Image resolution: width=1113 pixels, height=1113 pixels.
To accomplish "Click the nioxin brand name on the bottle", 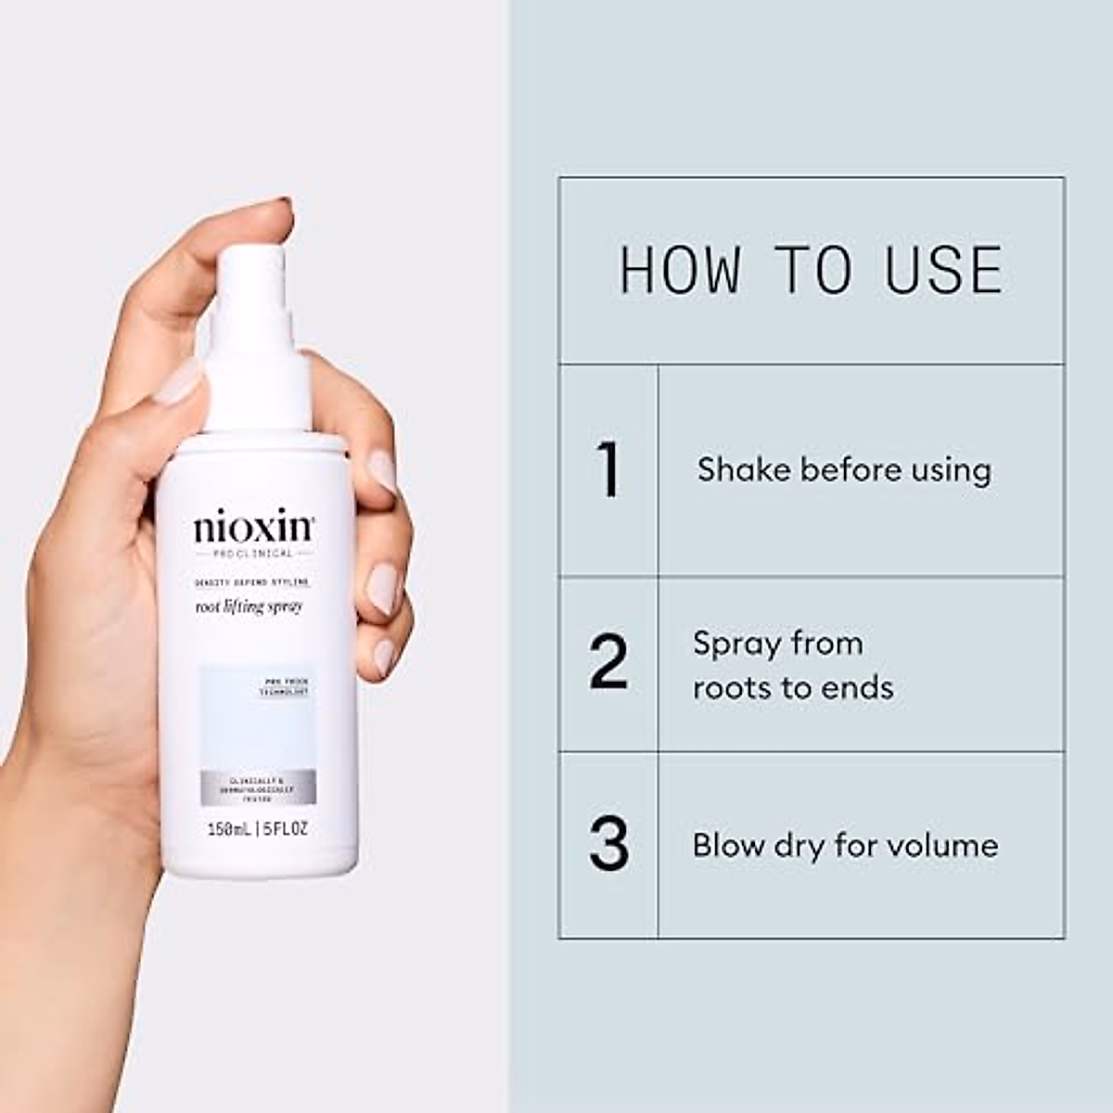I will [x=253, y=528].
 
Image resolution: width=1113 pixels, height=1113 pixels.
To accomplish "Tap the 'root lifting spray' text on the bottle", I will [x=249, y=607].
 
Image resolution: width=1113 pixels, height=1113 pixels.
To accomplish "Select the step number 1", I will [x=608, y=470].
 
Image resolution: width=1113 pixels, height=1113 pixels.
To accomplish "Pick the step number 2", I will [x=608, y=662].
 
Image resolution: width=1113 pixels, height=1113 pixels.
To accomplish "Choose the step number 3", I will [x=608, y=844].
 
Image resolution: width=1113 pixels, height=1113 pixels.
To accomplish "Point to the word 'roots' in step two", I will [x=733, y=688].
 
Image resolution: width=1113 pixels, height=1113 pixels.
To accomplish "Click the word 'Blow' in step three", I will [x=727, y=845].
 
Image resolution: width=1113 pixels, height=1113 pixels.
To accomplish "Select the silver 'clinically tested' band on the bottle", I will [x=258, y=787].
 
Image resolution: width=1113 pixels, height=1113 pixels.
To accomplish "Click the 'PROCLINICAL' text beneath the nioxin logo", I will [x=252, y=553].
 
